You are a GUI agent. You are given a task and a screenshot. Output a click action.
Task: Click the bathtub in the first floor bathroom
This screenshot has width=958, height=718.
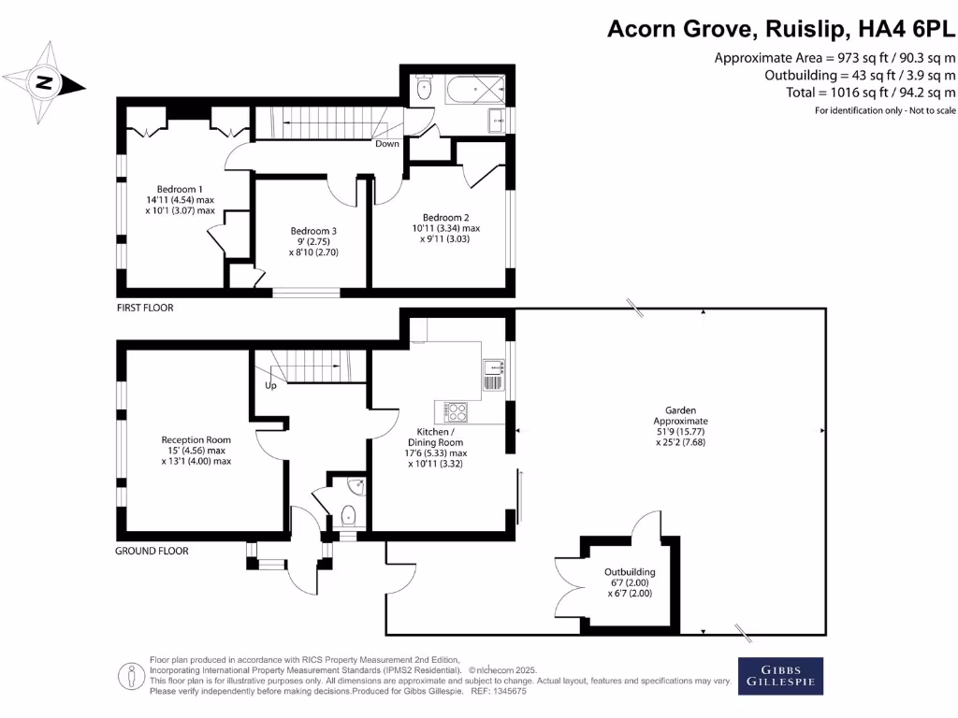tap(474, 91)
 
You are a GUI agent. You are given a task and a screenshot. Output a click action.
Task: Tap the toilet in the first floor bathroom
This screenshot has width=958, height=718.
tap(423, 91)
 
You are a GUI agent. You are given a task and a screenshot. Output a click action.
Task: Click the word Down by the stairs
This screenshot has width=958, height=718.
tap(387, 144)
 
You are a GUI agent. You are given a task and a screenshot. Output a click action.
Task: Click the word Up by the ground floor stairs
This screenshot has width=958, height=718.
tap(271, 385)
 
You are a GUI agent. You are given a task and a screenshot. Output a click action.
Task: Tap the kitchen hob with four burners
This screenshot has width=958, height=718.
tap(456, 410)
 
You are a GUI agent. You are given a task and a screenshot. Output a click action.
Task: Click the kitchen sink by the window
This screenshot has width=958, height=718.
tap(493, 375)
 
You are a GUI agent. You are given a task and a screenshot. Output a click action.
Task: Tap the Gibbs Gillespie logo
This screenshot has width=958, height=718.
tap(782, 676)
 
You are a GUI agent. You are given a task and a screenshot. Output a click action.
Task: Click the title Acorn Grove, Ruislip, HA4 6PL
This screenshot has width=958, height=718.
tap(781, 29)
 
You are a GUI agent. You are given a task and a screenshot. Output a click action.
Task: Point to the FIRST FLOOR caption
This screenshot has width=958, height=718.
tap(145, 308)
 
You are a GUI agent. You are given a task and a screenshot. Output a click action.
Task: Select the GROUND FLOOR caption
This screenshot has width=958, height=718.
tap(152, 551)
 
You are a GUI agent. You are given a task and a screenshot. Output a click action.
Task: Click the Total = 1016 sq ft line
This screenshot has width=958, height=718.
tap(860, 93)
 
